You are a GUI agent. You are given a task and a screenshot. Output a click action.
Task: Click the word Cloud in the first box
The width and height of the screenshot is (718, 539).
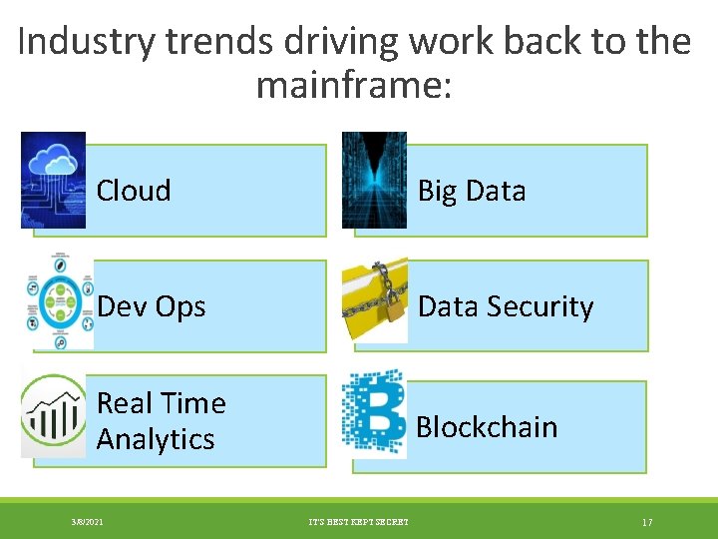coord(134,191)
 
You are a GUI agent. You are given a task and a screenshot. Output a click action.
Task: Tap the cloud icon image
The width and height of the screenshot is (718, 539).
coord(53,180)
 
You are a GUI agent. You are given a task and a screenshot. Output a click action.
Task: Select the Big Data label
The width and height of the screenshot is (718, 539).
coord(471,191)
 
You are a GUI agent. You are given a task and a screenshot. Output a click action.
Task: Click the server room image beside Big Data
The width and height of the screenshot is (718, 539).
coord(374,180)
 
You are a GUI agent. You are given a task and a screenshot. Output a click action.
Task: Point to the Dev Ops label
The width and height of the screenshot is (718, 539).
coord(151,306)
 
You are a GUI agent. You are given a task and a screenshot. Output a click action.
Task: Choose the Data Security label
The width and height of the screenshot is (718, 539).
coord(505,306)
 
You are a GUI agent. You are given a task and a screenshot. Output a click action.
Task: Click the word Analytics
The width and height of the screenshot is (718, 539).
coord(156,439)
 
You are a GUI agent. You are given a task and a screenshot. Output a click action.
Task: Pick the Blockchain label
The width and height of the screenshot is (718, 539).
coord(486,427)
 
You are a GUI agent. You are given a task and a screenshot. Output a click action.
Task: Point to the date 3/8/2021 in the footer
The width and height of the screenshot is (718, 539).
coord(87,522)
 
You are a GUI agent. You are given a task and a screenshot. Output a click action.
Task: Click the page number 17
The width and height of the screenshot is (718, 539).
coord(646,522)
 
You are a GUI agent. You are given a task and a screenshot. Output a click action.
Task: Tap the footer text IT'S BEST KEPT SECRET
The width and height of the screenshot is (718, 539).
coord(359,522)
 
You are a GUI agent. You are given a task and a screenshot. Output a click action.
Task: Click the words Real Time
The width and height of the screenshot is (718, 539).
coord(161,403)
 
